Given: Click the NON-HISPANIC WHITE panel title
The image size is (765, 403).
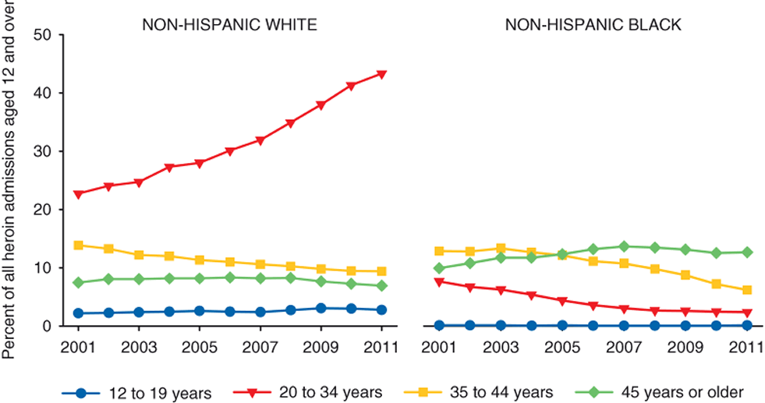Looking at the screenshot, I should (228, 24).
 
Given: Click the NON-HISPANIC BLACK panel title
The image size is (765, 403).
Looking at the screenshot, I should (593, 24).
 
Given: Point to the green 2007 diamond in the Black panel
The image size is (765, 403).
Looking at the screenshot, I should (622, 246).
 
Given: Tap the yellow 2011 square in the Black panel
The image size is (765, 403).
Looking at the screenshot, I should (747, 290).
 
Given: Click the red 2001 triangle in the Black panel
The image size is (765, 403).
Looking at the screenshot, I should (440, 281).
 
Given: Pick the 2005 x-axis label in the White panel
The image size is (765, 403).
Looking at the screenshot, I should (200, 344).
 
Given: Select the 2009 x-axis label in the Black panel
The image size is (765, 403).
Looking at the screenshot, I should (685, 344).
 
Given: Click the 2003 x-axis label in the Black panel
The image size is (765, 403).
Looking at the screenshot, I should (501, 344).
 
